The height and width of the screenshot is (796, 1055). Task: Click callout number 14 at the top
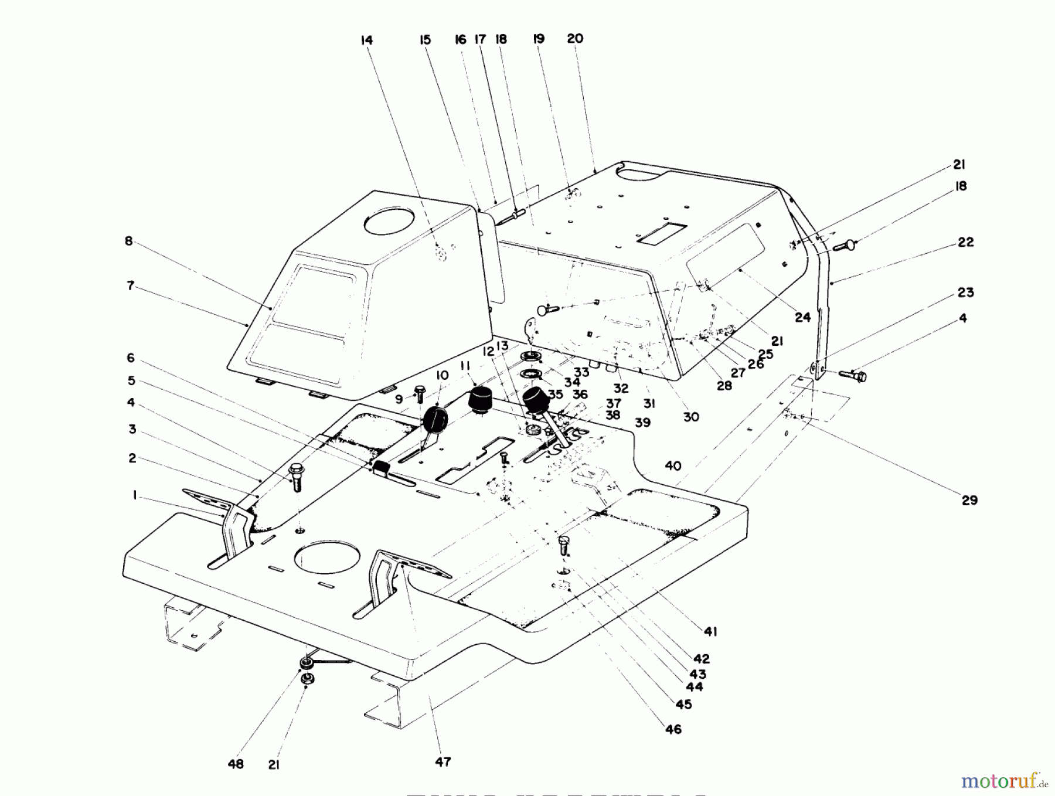point(366,40)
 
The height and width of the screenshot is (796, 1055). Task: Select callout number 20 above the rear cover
point(575,39)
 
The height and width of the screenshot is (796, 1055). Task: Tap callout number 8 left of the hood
point(129,241)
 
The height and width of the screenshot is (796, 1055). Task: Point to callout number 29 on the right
point(969,500)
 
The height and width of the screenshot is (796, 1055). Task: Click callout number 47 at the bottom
point(443,761)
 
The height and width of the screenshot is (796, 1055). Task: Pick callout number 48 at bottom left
point(236,764)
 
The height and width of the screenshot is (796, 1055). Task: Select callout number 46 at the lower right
point(673,729)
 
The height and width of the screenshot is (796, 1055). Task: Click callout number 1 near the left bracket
point(135,496)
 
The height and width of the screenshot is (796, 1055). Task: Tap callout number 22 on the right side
point(965,242)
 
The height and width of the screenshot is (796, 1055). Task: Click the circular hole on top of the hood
point(389,221)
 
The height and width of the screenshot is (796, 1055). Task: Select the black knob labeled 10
point(434,419)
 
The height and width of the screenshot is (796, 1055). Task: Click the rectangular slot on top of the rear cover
point(662,233)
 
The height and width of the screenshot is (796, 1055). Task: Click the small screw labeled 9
point(420,392)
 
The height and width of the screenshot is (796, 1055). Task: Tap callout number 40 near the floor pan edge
point(673,466)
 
